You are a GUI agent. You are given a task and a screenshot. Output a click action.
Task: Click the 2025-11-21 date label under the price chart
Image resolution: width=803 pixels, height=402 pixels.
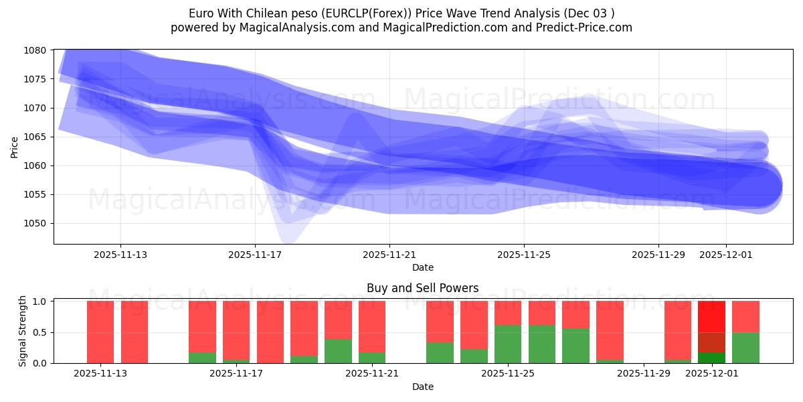tap(389, 255)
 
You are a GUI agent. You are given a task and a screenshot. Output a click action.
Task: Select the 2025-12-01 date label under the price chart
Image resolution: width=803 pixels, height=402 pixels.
tap(726, 255)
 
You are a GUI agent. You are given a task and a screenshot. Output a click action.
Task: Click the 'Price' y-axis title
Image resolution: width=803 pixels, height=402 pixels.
tap(15, 146)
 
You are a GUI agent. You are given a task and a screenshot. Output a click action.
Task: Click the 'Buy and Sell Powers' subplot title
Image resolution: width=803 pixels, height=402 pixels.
tap(422, 289)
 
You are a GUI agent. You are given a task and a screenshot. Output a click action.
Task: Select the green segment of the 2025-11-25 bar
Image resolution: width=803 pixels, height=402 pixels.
tap(508, 344)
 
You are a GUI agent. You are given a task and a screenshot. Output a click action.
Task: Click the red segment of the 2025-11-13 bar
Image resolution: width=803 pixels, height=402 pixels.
tap(100, 332)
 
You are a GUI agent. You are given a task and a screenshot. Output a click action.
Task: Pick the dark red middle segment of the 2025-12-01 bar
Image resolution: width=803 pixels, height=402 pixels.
tap(711, 342)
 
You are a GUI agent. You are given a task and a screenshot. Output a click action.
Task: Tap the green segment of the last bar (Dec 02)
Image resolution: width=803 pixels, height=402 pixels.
tap(745, 348)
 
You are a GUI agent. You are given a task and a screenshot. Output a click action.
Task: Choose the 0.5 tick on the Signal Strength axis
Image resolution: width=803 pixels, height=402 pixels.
tap(40, 332)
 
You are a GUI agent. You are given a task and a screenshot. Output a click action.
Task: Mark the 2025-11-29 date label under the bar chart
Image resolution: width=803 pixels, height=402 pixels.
tap(643, 373)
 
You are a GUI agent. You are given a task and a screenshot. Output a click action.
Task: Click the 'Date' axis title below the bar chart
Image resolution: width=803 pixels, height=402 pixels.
tap(422, 387)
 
